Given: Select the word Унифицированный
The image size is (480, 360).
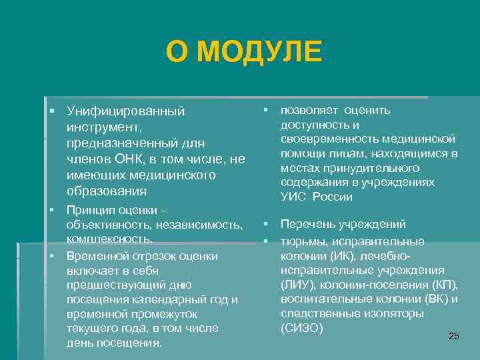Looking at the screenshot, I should pos(125,111).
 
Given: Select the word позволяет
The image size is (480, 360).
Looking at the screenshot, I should pos(309,110).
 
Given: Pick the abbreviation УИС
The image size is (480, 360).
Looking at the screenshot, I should pos(293,197).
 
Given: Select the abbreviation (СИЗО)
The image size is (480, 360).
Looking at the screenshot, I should pos(302,328).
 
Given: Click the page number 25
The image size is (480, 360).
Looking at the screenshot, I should pos(453,336).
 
